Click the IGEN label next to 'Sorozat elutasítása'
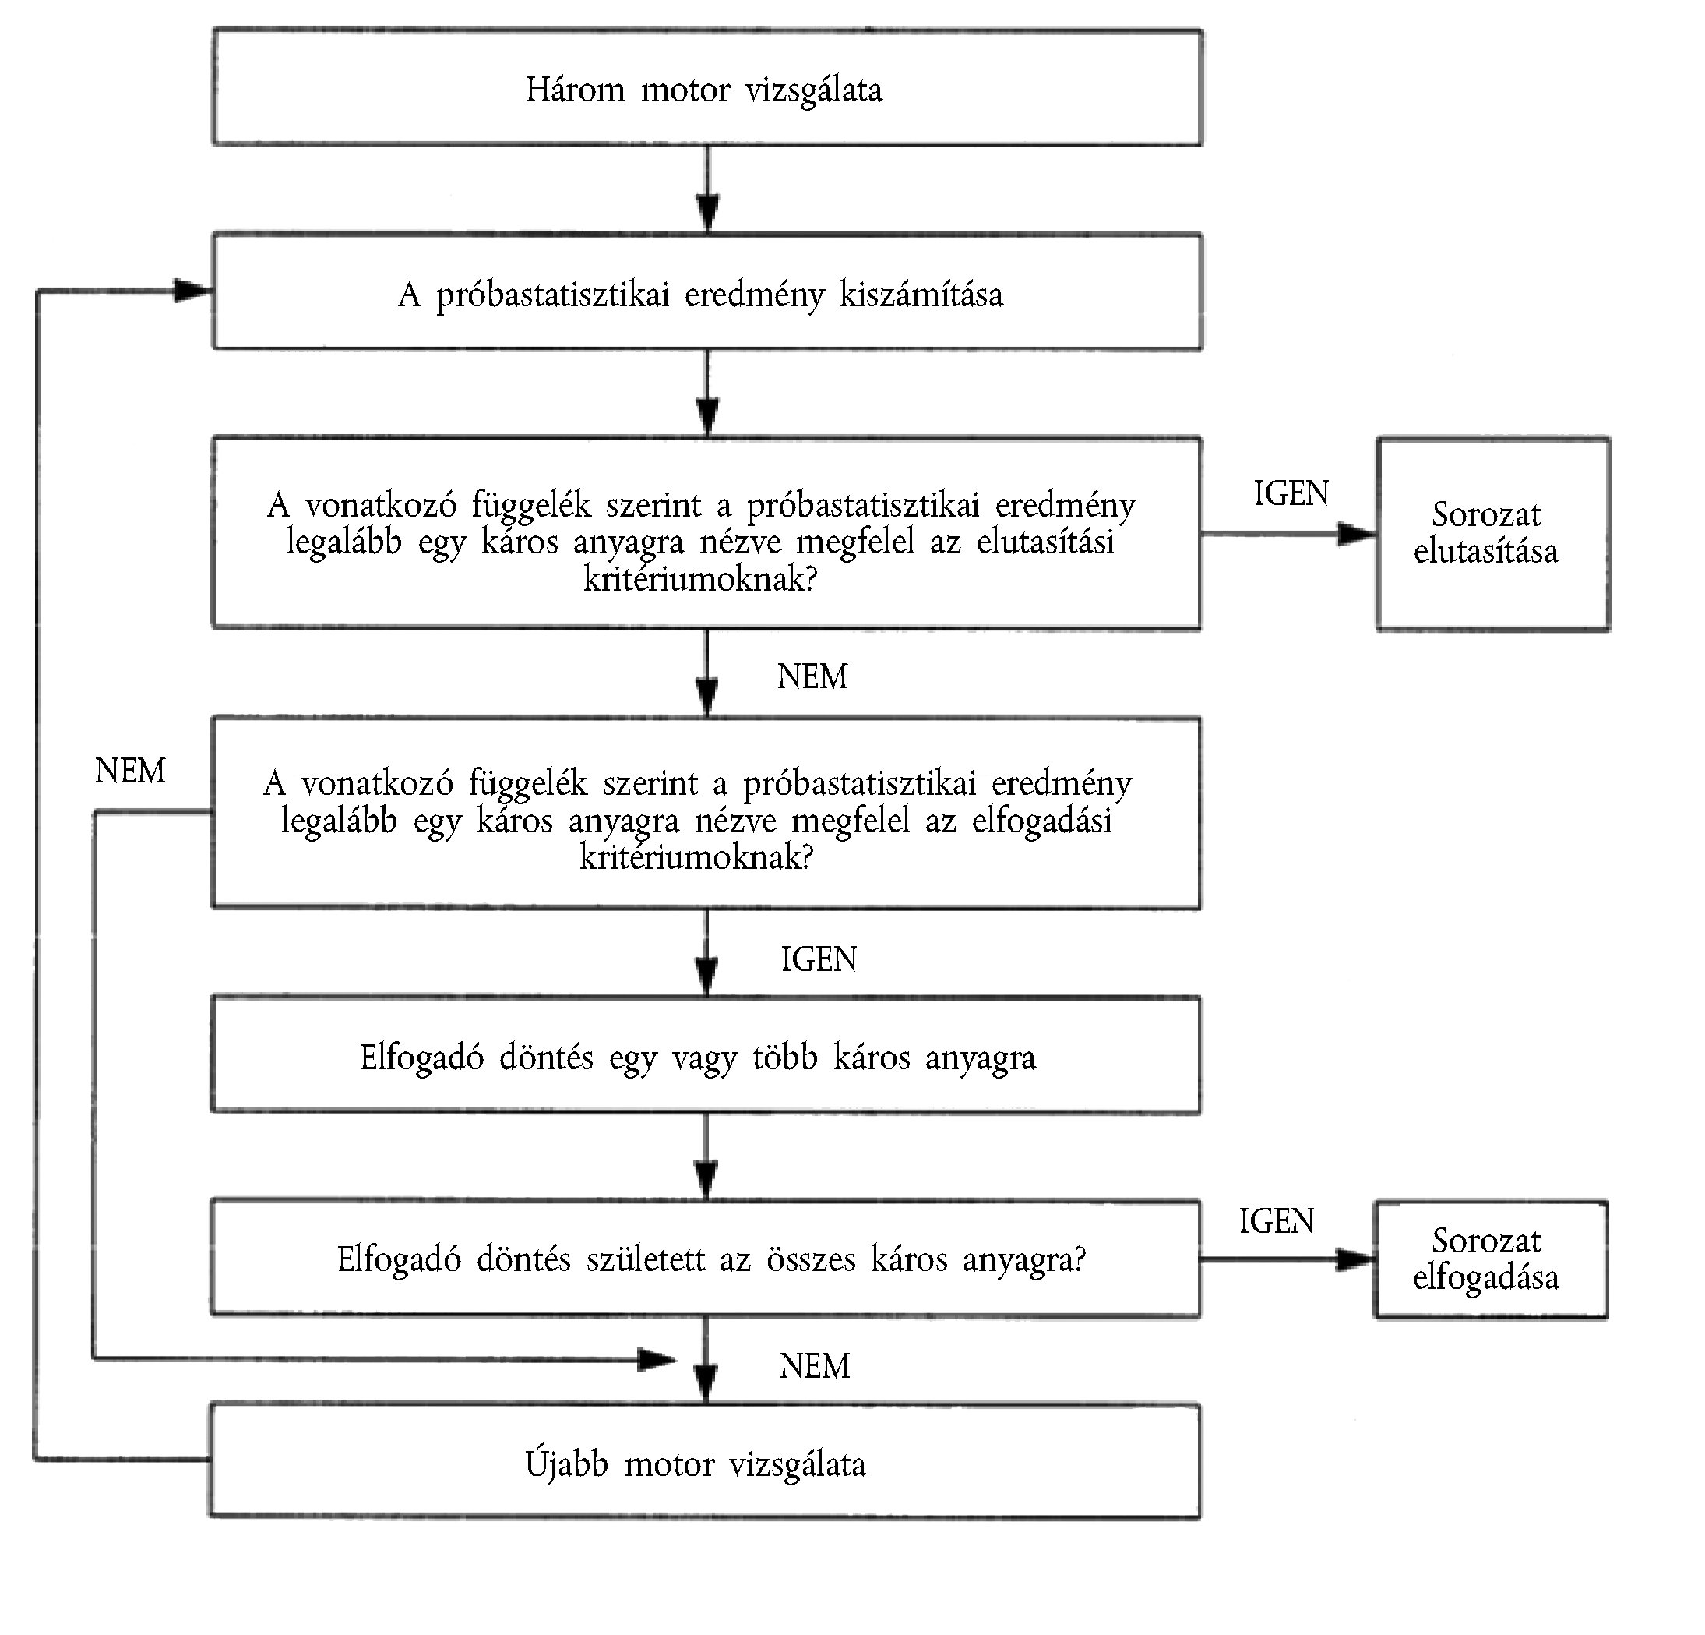click(1291, 493)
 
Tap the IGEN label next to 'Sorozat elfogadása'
click(1276, 1221)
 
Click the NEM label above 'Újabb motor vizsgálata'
click(814, 1366)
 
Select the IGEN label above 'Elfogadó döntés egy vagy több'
click(819, 959)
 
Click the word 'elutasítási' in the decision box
click(1044, 541)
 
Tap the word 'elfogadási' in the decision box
click(1041, 820)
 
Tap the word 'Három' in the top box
click(575, 90)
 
